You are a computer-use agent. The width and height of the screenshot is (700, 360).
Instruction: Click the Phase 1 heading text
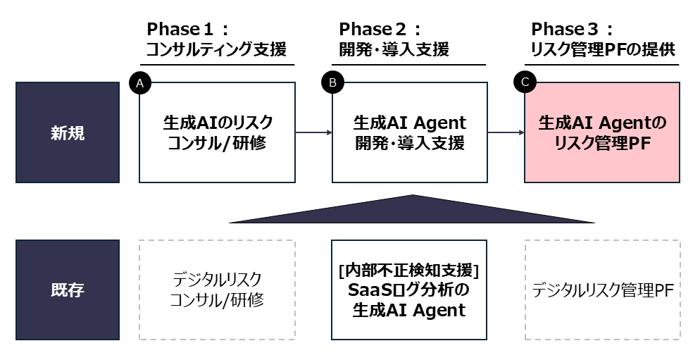[x=187, y=30]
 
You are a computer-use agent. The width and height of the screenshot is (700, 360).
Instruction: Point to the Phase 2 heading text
[x=380, y=30]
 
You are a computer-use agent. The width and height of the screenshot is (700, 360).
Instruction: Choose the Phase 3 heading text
[x=573, y=30]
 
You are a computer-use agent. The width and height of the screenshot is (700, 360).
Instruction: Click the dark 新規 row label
[x=68, y=133]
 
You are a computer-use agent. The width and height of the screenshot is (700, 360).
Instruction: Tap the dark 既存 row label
[x=68, y=290]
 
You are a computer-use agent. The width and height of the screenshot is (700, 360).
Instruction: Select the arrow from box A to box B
[x=313, y=132]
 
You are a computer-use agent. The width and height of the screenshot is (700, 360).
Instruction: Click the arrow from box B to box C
[x=506, y=132]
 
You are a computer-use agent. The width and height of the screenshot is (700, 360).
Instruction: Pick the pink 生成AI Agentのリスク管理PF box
[x=602, y=133]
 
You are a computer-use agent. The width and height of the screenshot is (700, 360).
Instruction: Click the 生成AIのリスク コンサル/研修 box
[x=217, y=133]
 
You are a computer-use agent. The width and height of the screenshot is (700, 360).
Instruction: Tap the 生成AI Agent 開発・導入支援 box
[x=409, y=133]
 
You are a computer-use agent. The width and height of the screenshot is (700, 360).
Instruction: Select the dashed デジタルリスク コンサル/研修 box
[x=217, y=290]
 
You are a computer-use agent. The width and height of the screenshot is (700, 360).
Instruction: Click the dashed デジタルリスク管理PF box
[x=602, y=290]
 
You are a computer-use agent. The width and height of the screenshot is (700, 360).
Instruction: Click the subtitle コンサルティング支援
[x=216, y=50]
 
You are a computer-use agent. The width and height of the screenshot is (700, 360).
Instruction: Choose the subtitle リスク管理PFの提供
[x=602, y=50]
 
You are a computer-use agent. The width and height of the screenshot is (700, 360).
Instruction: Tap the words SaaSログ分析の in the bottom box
[x=409, y=290]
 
